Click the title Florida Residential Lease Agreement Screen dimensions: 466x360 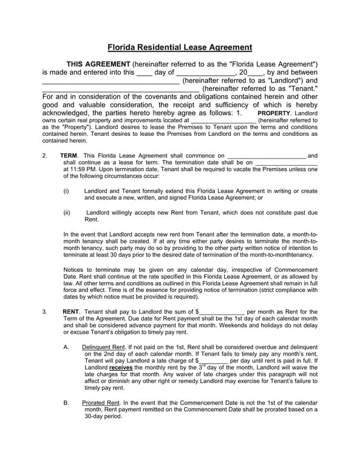coord(180,47)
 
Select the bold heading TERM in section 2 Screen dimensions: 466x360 coord(69,156)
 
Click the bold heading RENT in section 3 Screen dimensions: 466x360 coord(71,311)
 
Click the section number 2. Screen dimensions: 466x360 coord(45,156)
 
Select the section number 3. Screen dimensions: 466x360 coord(45,311)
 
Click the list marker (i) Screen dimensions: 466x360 coord(67,191)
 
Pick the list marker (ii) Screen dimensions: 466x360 coord(67,212)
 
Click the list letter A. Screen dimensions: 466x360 coord(66,347)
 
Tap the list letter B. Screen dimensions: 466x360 coord(66,403)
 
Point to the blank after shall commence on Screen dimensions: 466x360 coord(266,157)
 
